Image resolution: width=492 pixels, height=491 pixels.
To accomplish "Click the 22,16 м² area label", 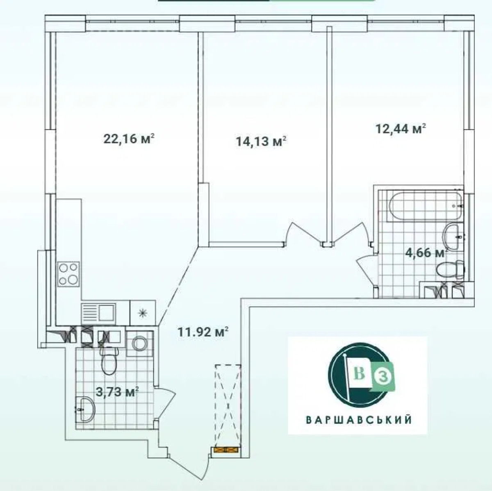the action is tap(129, 139).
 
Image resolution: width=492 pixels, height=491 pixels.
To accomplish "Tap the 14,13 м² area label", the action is tap(261, 141).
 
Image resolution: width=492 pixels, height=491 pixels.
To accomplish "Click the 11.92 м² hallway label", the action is tap(203, 332).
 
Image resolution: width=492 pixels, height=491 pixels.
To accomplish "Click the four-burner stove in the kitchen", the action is tap(68, 274).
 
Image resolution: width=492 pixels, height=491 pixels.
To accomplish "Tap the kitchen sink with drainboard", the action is tap(98, 312).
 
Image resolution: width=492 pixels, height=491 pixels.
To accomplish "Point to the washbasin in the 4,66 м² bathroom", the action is tap(454, 236).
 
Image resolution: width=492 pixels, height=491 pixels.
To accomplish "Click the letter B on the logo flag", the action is tap(360, 373).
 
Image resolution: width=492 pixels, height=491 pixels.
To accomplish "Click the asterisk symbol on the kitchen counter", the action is tap(142, 313).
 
